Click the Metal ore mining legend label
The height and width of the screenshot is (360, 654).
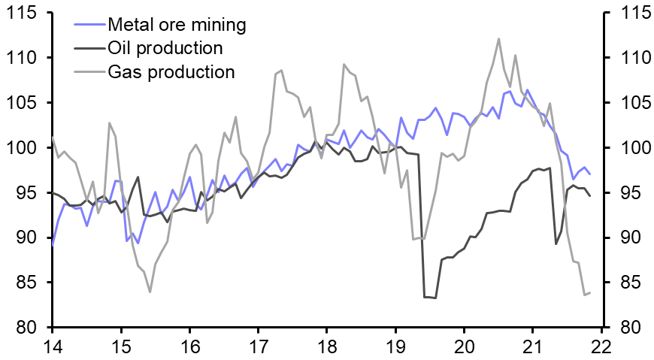point(177,25)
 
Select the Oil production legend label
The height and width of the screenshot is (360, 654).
point(165,49)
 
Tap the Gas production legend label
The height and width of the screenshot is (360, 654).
point(171,72)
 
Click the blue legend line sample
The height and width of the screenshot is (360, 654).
point(88,25)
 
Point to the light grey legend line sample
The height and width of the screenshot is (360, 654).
point(88,72)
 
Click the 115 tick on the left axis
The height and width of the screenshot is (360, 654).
point(23,13)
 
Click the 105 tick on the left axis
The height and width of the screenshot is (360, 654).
point(23,103)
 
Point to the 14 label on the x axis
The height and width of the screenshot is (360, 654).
point(52,346)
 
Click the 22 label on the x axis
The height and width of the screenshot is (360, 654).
point(601,346)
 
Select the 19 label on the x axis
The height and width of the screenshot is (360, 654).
point(395,346)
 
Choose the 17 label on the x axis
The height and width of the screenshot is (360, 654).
point(258,346)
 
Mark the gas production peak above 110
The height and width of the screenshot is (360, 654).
point(499,38)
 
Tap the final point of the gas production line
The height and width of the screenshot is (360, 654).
point(590,292)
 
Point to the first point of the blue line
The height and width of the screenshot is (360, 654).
point(53,244)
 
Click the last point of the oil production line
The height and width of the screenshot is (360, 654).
point(590,196)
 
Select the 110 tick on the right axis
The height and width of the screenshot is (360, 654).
point(631,58)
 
